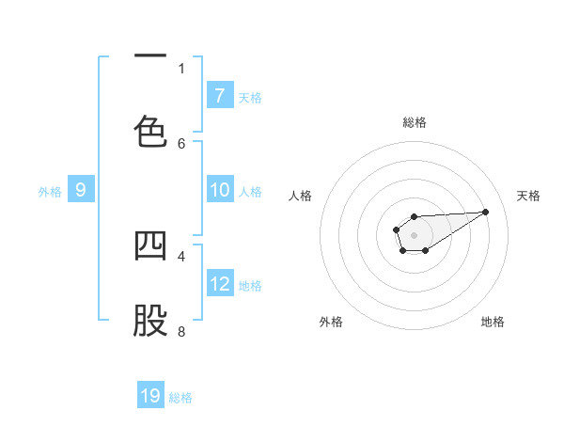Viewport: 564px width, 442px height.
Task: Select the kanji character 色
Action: point(150,131)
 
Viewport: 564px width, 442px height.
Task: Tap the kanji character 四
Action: point(150,245)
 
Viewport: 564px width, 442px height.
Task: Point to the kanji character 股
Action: point(150,321)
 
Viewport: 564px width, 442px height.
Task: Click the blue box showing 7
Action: point(220,95)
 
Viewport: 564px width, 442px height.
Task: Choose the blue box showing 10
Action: point(220,190)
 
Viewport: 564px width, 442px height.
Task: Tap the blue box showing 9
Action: point(81,190)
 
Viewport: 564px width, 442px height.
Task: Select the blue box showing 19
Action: point(150,396)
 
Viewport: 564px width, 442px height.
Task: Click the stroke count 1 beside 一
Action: point(181,68)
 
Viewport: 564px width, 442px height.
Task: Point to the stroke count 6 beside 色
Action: point(181,143)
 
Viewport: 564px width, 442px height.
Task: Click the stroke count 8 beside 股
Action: point(181,331)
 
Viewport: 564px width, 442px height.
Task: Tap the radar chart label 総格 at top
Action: point(415,122)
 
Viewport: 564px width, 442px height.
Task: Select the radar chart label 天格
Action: point(529,196)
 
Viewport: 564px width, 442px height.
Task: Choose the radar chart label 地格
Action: point(493,322)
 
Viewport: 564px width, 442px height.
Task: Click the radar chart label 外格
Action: point(331,322)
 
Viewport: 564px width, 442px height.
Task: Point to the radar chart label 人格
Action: point(301,196)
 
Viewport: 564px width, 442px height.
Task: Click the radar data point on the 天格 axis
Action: point(486,211)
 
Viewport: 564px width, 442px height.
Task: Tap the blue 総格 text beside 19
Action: point(180,398)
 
